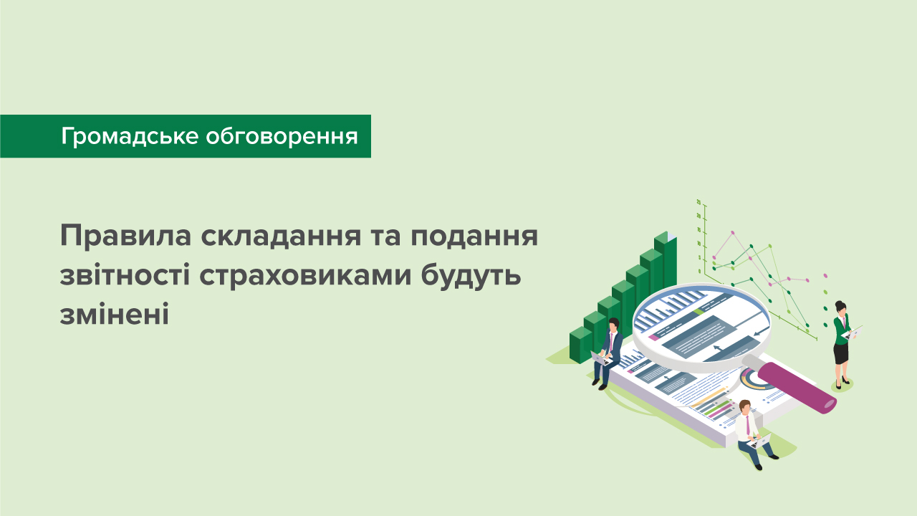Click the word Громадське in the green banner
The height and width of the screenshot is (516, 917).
[x=129, y=136]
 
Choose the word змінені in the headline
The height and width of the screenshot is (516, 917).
[x=114, y=314]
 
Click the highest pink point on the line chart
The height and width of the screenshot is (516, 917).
[x=732, y=233]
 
